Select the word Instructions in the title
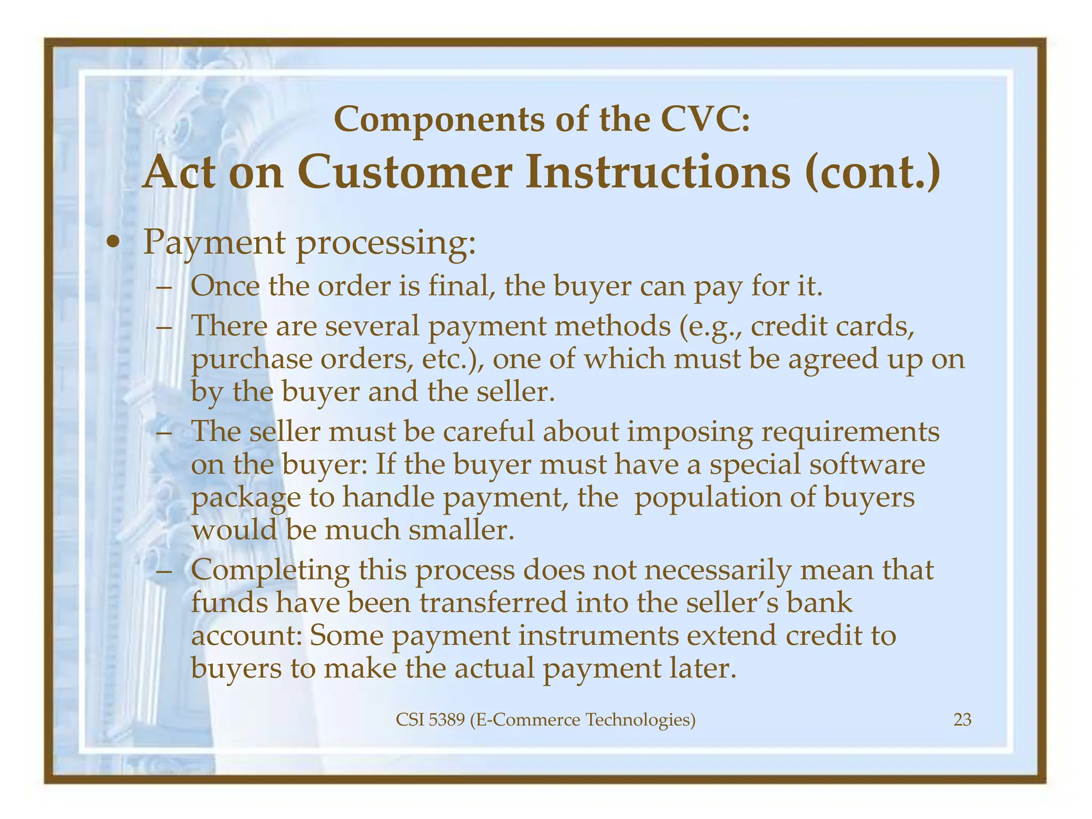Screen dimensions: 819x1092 coord(658,172)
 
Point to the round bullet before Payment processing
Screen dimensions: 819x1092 coord(113,244)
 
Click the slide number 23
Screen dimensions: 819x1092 coord(962,720)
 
